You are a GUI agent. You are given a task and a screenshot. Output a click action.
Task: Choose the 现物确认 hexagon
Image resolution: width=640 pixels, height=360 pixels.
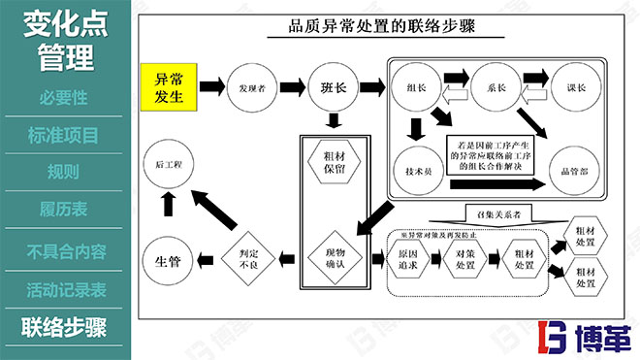click(334, 257)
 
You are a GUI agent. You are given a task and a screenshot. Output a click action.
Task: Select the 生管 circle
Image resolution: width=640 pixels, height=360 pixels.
click(167, 257)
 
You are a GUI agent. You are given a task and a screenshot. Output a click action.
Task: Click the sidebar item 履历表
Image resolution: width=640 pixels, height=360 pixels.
click(66, 209)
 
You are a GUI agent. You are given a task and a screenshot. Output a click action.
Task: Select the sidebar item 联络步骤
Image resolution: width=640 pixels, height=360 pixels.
click(66, 325)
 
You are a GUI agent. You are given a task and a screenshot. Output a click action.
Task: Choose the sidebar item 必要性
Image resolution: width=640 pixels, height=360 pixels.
click(66, 97)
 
